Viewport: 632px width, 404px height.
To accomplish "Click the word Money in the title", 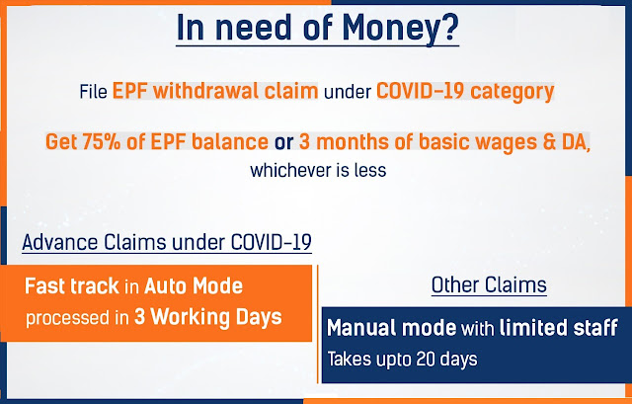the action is (388, 29).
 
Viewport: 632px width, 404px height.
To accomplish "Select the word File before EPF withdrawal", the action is (93, 92).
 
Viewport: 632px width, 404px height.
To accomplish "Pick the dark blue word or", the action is (283, 142).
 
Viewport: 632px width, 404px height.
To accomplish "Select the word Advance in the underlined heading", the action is (60, 242).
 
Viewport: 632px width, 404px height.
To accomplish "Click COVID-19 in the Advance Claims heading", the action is (272, 242).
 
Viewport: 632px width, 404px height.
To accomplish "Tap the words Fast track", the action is (72, 285).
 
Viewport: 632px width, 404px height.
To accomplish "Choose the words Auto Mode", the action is (194, 285).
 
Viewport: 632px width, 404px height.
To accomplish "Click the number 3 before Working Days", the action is (139, 317).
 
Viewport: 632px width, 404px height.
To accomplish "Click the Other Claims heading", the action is (489, 285).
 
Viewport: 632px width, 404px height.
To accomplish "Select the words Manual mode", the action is (391, 327).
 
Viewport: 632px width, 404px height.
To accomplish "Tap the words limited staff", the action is (558, 327).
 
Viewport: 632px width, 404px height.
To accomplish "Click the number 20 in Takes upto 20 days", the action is (426, 359).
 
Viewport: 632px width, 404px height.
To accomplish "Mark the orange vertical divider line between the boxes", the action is (318, 324).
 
